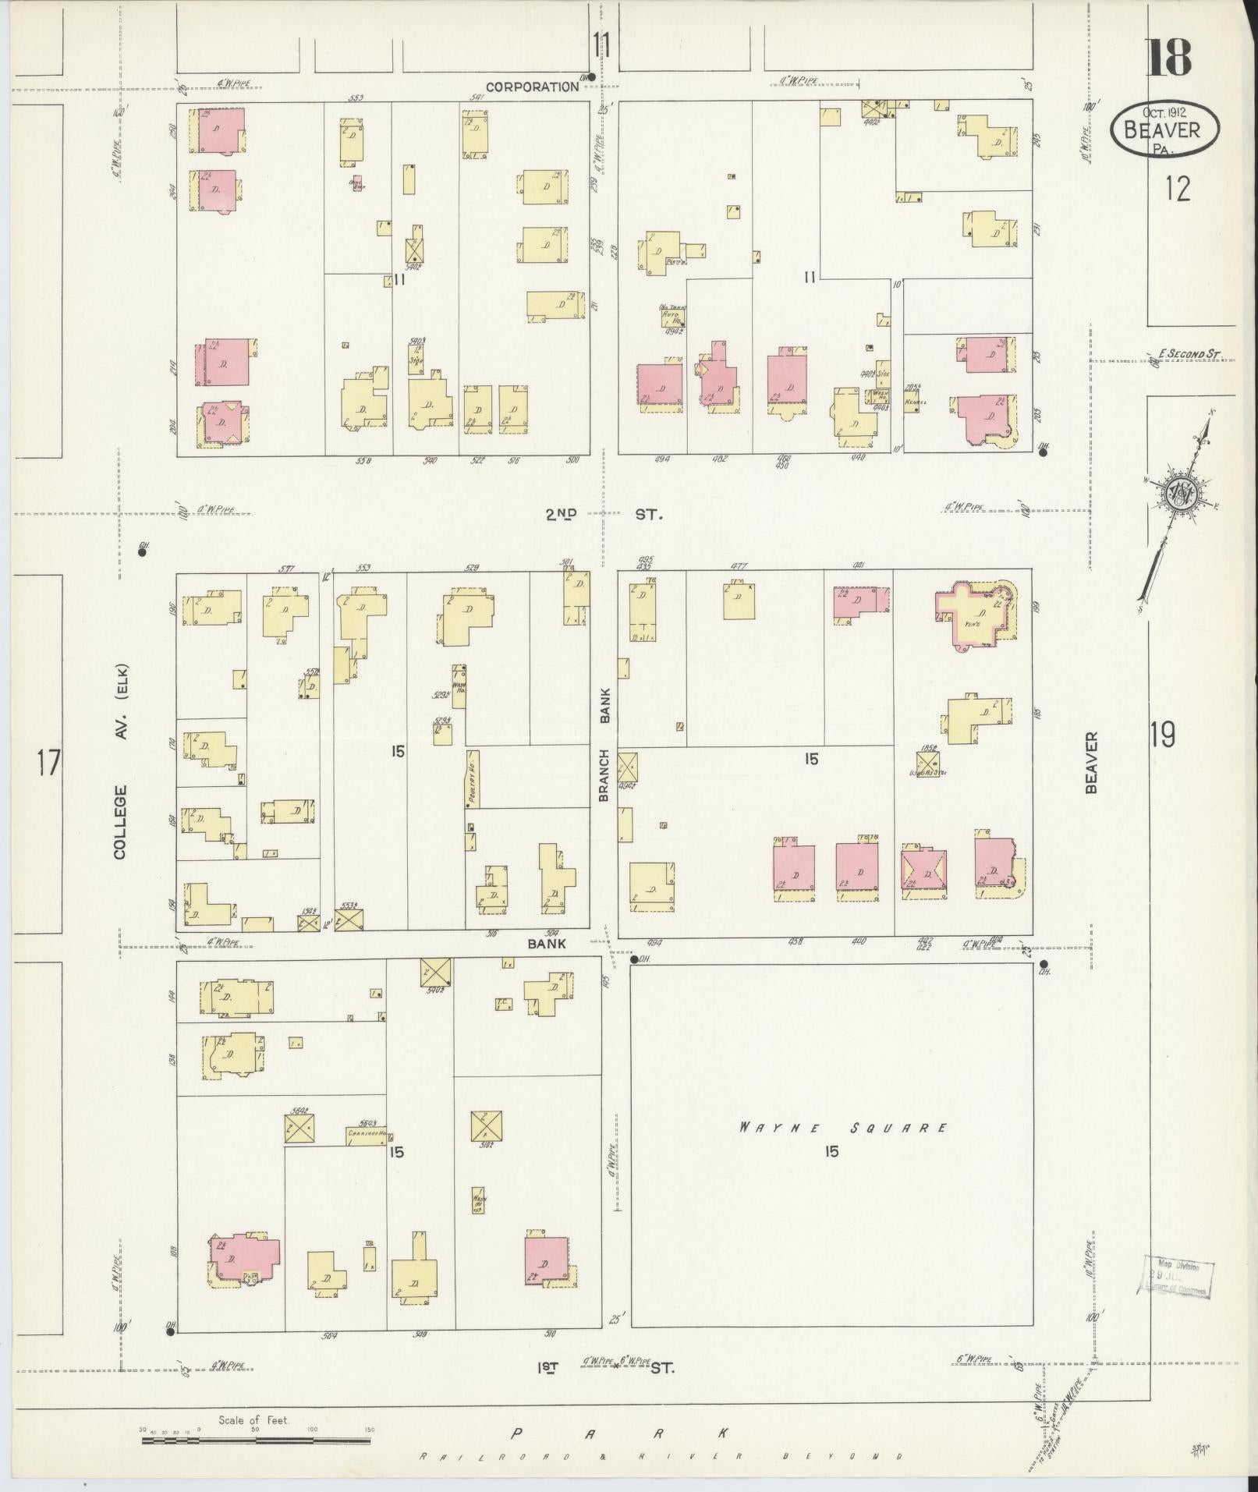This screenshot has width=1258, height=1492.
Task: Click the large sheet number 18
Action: (1168, 58)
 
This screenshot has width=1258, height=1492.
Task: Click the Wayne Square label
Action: (842, 1128)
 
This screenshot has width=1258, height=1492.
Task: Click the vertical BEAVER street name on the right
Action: (1090, 762)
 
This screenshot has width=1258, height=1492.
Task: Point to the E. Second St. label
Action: (1188, 354)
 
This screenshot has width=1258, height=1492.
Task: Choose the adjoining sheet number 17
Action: (48, 762)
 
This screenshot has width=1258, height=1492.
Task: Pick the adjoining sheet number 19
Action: (1161, 735)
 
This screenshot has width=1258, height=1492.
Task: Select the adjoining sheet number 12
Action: (1177, 188)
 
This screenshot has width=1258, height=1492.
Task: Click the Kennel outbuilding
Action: (915, 402)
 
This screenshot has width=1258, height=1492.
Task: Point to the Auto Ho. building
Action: (672, 314)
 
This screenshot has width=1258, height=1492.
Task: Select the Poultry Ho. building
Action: (473, 778)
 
